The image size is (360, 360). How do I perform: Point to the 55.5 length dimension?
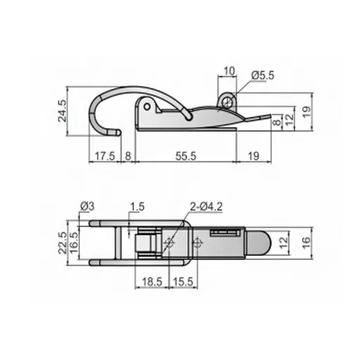(x=185, y=156)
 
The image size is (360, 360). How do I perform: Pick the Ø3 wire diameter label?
(x=88, y=205)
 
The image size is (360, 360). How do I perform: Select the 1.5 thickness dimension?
(x=137, y=206)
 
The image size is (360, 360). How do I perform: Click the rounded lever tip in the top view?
(x=260, y=243)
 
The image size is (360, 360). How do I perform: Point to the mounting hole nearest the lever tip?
(x=198, y=243)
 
